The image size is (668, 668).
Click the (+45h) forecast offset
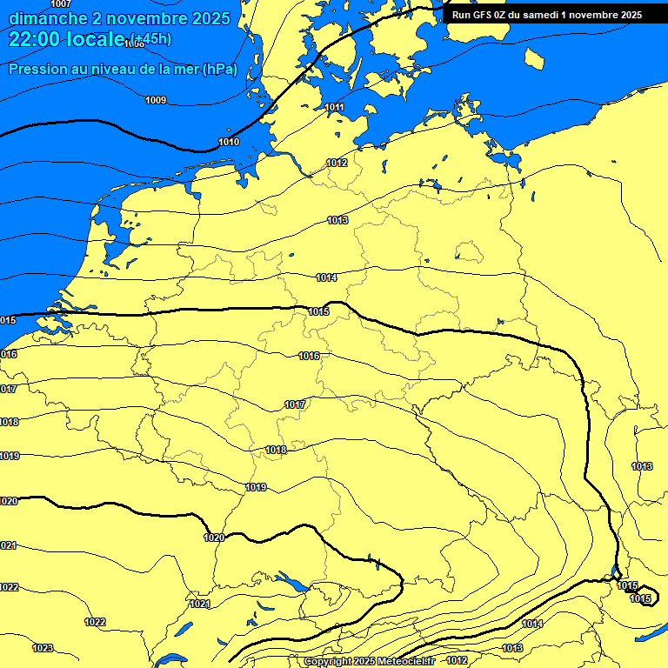coord(150,38)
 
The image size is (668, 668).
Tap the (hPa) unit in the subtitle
coord(219,70)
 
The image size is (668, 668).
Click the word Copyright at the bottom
coord(329,662)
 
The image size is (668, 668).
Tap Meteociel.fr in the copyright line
coord(407,662)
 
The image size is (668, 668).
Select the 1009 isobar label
coord(156,100)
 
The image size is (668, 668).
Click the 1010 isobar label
coord(229,142)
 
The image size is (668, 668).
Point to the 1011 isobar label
coord(335,108)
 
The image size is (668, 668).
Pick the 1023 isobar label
coord(43,648)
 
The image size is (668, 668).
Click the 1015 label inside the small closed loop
coord(640,598)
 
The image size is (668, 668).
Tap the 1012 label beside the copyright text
coord(457,661)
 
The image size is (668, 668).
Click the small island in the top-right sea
coord(535,58)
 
